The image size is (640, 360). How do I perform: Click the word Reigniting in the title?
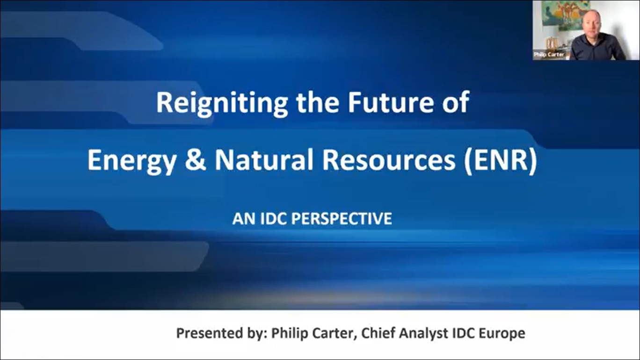(x=222, y=103)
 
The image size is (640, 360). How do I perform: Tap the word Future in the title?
(x=390, y=102)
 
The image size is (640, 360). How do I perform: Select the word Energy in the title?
(x=131, y=161)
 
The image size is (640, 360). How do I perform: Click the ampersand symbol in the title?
(x=196, y=159)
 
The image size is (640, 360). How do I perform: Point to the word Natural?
(x=265, y=159)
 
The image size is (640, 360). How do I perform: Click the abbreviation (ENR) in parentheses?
(x=500, y=160)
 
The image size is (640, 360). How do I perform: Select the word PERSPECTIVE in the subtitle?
(x=342, y=219)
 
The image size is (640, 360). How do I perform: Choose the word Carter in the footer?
(x=335, y=333)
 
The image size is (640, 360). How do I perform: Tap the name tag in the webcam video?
(x=549, y=55)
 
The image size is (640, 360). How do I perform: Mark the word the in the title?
(x=318, y=102)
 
